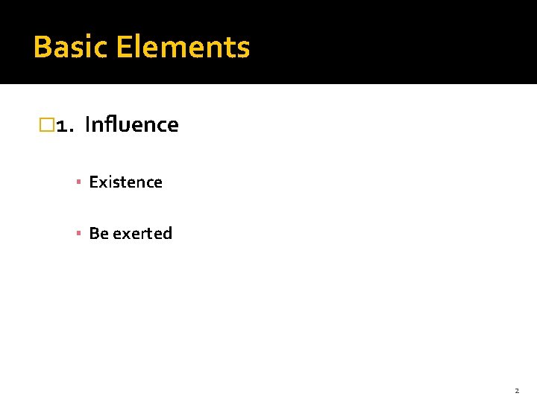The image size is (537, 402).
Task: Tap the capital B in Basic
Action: point(43,47)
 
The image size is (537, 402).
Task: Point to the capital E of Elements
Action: point(123,47)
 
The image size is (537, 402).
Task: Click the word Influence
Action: point(132,124)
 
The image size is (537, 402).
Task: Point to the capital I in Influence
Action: point(88,124)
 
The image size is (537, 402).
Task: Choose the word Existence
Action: point(125,182)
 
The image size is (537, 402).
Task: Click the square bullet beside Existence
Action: point(78,182)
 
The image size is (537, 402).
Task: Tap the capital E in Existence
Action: point(93,182)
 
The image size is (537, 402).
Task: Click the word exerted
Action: point(142,233)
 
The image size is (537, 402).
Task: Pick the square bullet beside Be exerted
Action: point(78,234)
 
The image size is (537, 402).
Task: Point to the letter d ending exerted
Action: point(167,233)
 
